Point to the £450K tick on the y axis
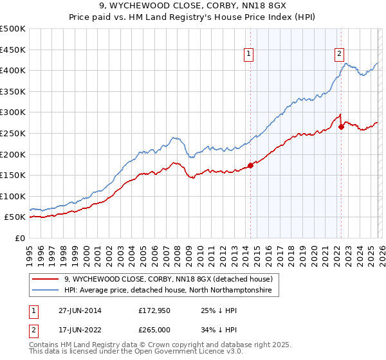point(13,50)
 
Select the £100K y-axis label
point(13,196)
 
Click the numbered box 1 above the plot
point(248,55)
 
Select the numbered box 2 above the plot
point(339,55)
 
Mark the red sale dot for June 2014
point(251,165)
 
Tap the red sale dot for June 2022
point(341,127)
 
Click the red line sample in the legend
point(46,279)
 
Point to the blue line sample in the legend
point(46,291)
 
